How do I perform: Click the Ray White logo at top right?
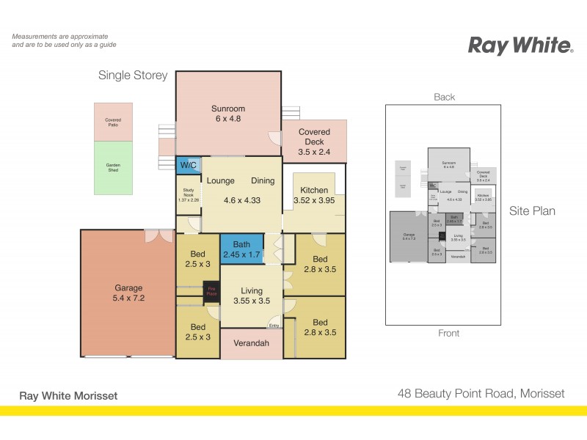[520, 45]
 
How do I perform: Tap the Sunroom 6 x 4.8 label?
[227, 114]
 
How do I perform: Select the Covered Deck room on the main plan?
[314, 142]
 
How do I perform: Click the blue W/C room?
[187, 166]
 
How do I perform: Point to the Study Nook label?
[188, 194]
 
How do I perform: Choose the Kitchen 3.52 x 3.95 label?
[314, 195]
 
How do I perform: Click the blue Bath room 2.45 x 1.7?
[241, 249]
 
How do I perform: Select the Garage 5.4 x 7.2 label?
[128, 293]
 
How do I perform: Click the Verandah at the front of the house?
[251, 343]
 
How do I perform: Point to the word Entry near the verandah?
[274, 326]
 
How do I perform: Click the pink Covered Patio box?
[112, 122]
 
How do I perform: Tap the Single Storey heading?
[133, 76]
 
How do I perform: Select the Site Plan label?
[532, 211]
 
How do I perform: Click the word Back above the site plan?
[444, 97]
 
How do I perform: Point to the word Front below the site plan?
[448, 333]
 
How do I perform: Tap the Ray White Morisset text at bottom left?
[68, 396]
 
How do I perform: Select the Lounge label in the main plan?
[220, 180]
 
